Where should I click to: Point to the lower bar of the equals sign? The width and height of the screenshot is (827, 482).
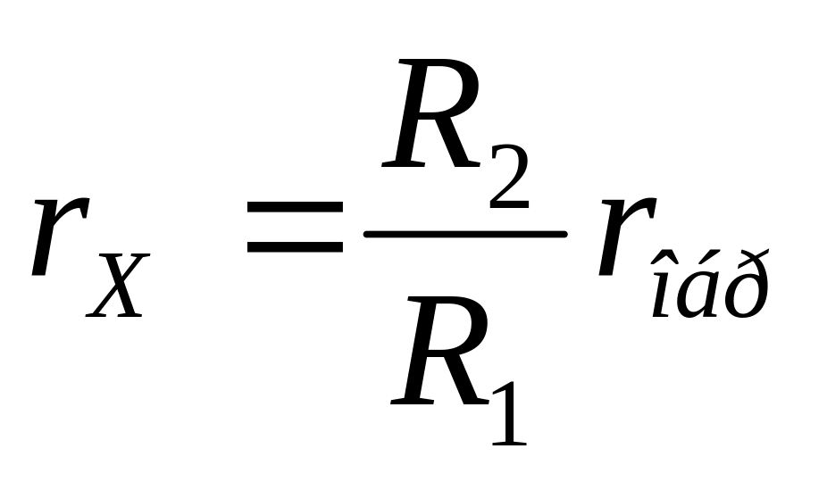coord(295,245)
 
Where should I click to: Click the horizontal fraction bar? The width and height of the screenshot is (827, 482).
coord(464,234)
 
